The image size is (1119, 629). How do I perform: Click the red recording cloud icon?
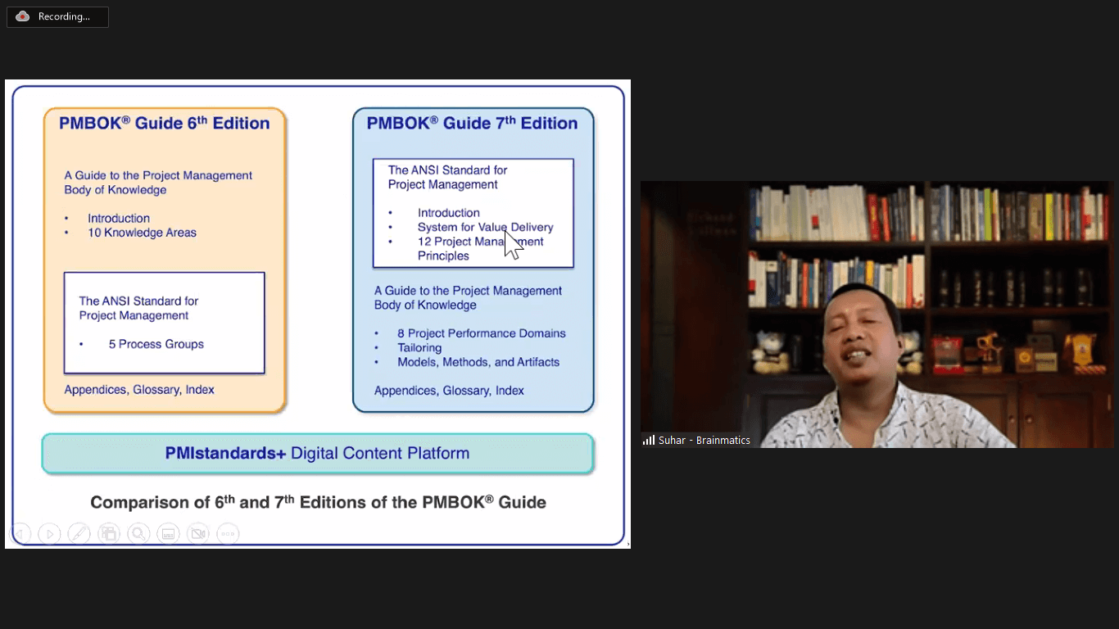tap(22, 16)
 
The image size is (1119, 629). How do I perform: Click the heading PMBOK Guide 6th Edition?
tap(165, 123)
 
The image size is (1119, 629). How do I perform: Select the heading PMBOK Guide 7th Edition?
tap(472, 123)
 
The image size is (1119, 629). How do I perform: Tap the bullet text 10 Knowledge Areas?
tap(142, 233)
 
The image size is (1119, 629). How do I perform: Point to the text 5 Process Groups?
tap(156, 344)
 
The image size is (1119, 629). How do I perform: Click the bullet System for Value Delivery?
tap(486, 227)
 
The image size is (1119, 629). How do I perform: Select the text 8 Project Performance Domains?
tap(482, 333)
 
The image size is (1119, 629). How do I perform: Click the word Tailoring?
tap(419, 348)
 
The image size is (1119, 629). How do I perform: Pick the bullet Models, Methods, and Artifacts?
tap(478, 362)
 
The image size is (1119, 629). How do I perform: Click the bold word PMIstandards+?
tap(225, 453)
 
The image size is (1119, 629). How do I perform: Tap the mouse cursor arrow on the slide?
tap(513, 244)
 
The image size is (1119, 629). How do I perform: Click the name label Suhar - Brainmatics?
tap(704, 440)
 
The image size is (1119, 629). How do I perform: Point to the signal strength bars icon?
tap(649, 440)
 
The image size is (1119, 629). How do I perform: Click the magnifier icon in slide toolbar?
tap(138, 533)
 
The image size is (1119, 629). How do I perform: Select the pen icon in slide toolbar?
tap(79, 533)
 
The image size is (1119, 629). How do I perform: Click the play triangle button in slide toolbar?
tap(49, 533)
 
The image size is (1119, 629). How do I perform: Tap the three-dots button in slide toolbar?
tap(228, 533)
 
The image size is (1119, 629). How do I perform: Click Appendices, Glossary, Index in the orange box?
tap(139, 389)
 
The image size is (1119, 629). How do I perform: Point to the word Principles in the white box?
tap(443, 256)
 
